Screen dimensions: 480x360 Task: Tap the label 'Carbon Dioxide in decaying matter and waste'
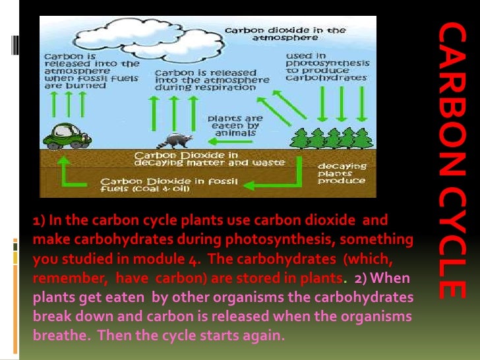click(209, 159)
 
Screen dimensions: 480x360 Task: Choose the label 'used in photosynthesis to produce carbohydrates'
click(325, 67)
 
